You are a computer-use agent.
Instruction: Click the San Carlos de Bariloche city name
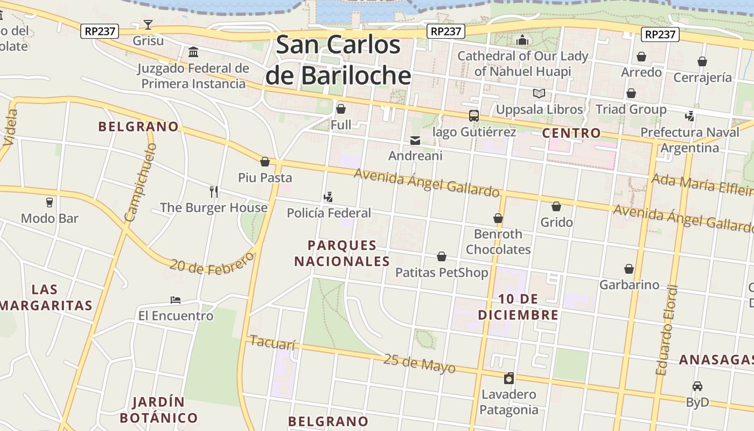(x=338, y=60)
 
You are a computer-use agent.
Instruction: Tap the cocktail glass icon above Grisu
(x=148, y=24)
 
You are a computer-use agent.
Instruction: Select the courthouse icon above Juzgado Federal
(x=193, y=52)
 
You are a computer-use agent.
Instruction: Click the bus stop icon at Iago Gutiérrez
(x=474, y=116)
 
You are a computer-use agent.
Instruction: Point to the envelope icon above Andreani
(x=415, y=141)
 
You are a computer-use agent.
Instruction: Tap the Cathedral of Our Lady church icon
(x=522, y=40)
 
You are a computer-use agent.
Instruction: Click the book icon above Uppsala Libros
(x=539, y=94)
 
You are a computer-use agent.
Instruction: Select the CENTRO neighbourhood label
(x=571, y=133)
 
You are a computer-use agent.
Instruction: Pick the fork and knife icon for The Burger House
(x=214, y=192)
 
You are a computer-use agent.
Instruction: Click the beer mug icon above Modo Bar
(x=50, y=203)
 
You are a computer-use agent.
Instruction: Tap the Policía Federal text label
(x=329, y=213)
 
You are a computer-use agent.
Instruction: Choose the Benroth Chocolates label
(x=498, y=242)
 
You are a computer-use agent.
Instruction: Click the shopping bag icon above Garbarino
(x=629, y=269)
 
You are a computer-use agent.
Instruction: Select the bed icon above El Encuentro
(x=176, y=300)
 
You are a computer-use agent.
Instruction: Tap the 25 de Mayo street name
(x=419, y=364)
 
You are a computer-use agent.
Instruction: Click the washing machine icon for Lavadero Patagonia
(x=509, y=378)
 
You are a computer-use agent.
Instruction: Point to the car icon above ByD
(x=697, y=386)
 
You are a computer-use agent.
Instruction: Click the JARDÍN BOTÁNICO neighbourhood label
(x=158, y=410)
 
